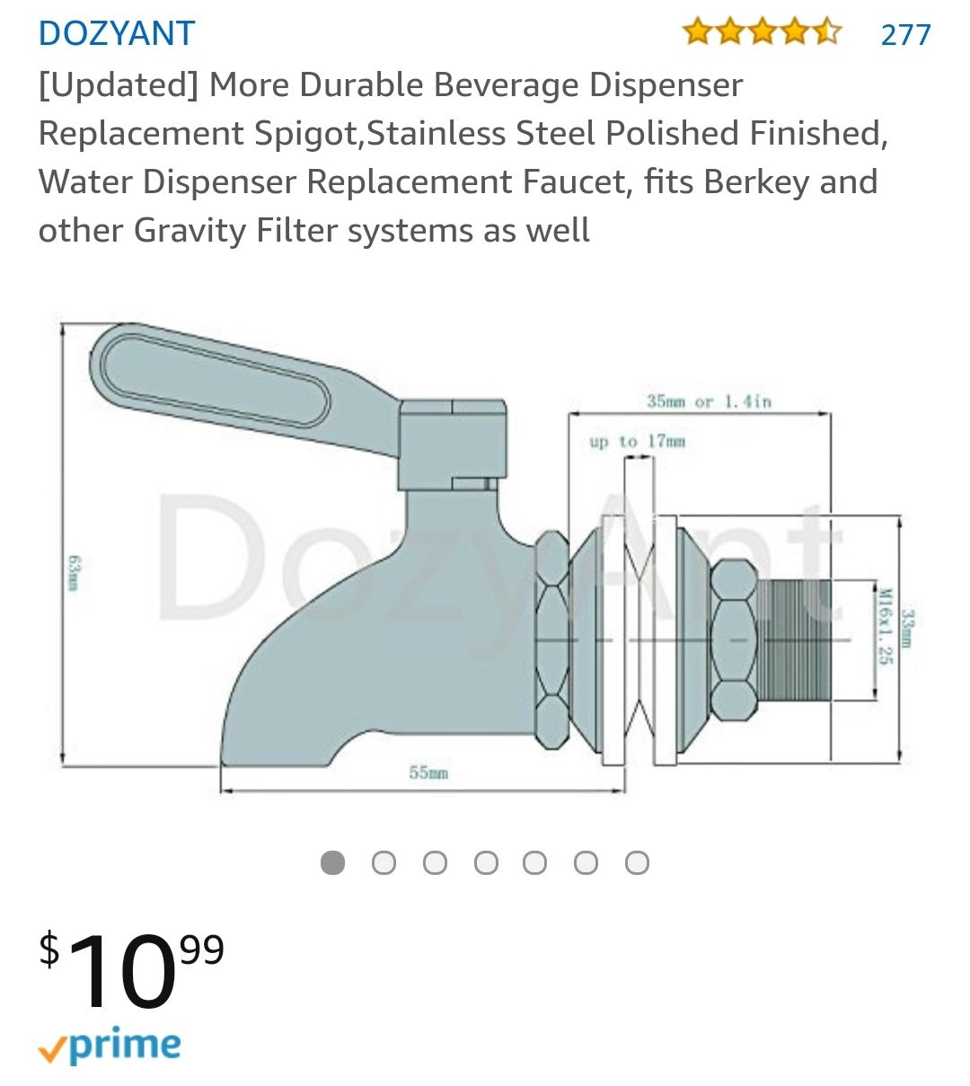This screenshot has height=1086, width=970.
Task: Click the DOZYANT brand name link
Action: click(117, 34)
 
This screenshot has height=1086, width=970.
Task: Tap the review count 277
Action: click(905, 35)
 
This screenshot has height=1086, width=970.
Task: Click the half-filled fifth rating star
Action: click(827, 33)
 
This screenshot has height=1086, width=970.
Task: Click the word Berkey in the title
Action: click(757, 181)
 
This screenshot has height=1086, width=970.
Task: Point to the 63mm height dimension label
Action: click(73, 572)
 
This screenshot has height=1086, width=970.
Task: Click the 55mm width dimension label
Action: click(428, 773)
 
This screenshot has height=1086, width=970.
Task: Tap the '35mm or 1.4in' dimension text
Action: click(709, 401)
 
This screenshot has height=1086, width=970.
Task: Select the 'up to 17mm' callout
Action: click(637, 441)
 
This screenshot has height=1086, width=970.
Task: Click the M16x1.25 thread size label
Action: click(885, 626)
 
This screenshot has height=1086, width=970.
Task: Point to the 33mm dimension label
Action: click(908, 627)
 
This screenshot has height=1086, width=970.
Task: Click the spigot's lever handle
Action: click(216, 377)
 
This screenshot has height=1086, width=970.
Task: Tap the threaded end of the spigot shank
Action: click(794, 640)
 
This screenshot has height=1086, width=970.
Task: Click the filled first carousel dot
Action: click(332, 863)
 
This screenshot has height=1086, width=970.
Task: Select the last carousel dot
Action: click(637, 863)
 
